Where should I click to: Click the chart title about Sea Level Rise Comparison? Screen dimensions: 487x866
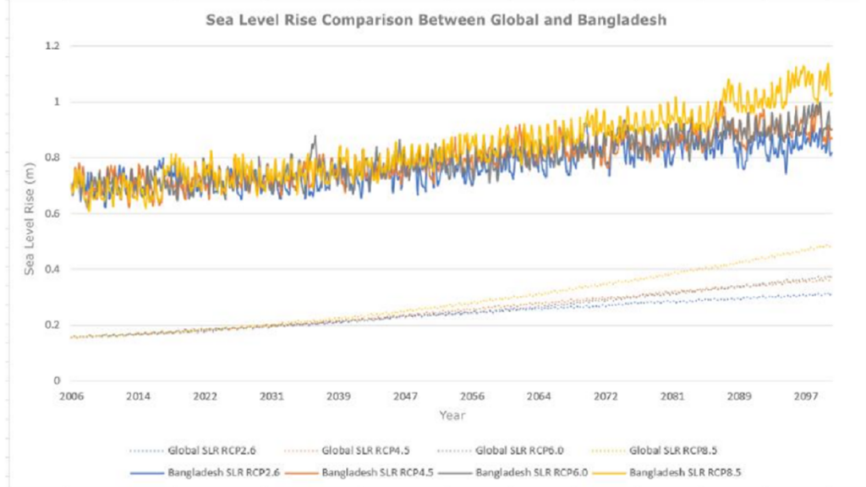click(x=436, y=19)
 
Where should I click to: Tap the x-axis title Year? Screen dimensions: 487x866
click(x=451, y=415)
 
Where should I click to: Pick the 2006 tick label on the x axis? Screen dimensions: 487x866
click(x=72, y=396)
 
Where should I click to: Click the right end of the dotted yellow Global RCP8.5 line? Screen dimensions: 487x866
click(x=830, y=246)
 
